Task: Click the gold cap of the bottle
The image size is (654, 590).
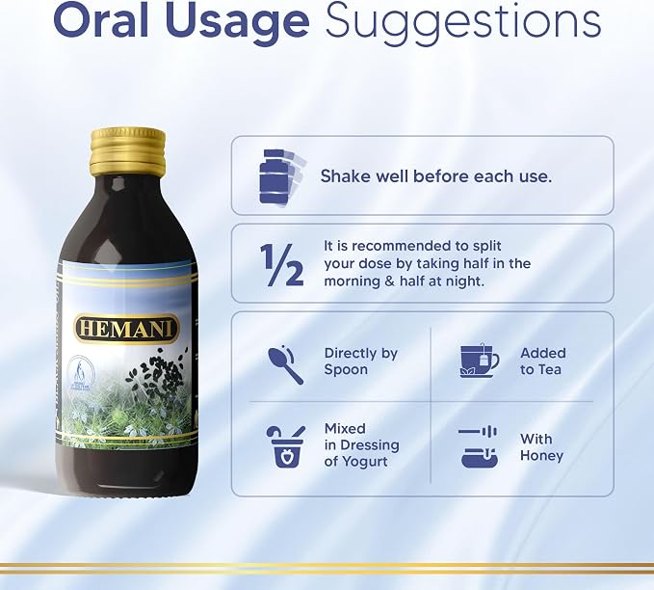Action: [128, 151]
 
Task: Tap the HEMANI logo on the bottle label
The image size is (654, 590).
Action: [126, 330]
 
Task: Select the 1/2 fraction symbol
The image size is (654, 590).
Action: [281, 264]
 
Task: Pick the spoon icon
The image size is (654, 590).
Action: [286, 364]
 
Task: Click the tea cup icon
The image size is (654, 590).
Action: [480, 361]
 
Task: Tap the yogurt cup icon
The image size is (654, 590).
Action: [286, 446]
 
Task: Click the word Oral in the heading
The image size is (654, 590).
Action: [101, 20]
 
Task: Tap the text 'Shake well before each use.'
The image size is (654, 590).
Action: [436, 176]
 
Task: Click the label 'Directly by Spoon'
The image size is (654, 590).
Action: [361, 362]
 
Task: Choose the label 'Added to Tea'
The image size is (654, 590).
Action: [542, 362]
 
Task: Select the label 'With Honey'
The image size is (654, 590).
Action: [541, 447]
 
